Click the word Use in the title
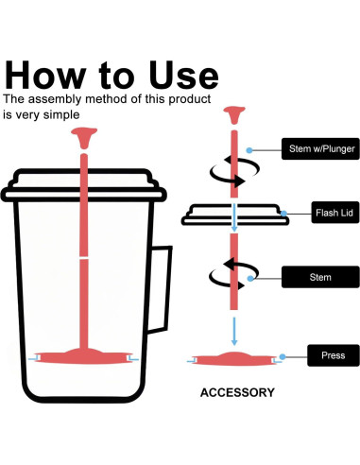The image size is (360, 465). point(183,75)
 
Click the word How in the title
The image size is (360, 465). point(45,75)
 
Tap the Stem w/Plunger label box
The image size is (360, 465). point(320,148)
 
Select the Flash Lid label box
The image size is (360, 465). point(335,213)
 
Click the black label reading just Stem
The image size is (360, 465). point(320,277)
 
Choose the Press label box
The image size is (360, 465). point(334,355)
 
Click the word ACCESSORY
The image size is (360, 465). point(237,392)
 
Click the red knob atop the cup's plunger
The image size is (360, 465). point(84,137)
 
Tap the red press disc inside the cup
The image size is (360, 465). point(84,356)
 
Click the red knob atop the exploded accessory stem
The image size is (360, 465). point(234,115)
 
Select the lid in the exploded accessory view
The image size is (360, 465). point(235,215)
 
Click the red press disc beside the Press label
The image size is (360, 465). point(233,359)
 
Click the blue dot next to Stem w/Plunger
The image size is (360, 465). point(249,150)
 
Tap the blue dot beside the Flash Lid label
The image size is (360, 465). point(283,214)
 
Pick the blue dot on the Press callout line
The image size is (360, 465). point(283,356)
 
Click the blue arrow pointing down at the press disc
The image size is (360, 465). point(234,331)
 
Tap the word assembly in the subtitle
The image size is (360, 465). point(55,99)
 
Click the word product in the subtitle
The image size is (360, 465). point(190,99)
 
